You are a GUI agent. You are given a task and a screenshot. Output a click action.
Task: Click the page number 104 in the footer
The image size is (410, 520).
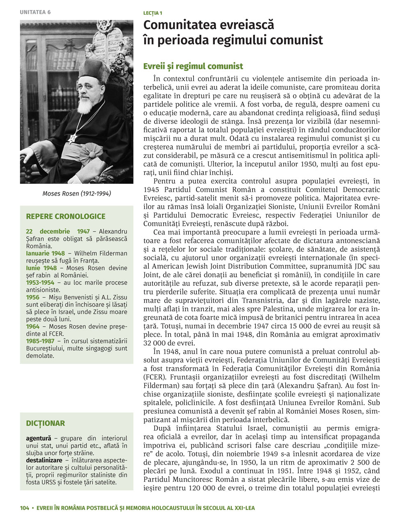pyautogui.click(x=25, y=508)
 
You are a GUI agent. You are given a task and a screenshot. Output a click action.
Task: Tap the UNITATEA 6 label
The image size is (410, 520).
pyautogui.click(x=35, y=12)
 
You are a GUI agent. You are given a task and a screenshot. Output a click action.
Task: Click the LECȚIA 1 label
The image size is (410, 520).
pyautogui.click(x=153, y=13)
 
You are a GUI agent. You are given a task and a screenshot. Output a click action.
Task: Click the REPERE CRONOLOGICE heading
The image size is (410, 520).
pyautogui.click(x=66, y=216)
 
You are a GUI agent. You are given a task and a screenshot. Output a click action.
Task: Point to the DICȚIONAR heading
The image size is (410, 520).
pyautogui.click(x=46, y=423)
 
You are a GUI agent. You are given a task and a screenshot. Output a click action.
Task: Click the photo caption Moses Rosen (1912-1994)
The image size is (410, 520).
pyautogui.click(x=77, y=193)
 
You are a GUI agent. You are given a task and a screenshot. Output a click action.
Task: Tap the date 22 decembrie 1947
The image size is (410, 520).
pyautogui.click(x=58, y=232)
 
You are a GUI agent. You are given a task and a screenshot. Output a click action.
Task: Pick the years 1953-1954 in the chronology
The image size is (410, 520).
pyautogui.click(x=40, y=283)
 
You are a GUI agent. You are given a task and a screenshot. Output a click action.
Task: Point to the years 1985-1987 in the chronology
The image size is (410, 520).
pyautogui.click(x=40, y=341)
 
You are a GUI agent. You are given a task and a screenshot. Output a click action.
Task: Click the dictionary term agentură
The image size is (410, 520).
pyautogui.click(x=39, y=438)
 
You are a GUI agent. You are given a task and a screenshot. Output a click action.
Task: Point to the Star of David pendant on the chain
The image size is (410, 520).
pyautogui.click(x=73, y=139)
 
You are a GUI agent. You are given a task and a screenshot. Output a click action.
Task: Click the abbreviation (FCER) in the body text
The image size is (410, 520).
pyautogui.click(x=154, y=377)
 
